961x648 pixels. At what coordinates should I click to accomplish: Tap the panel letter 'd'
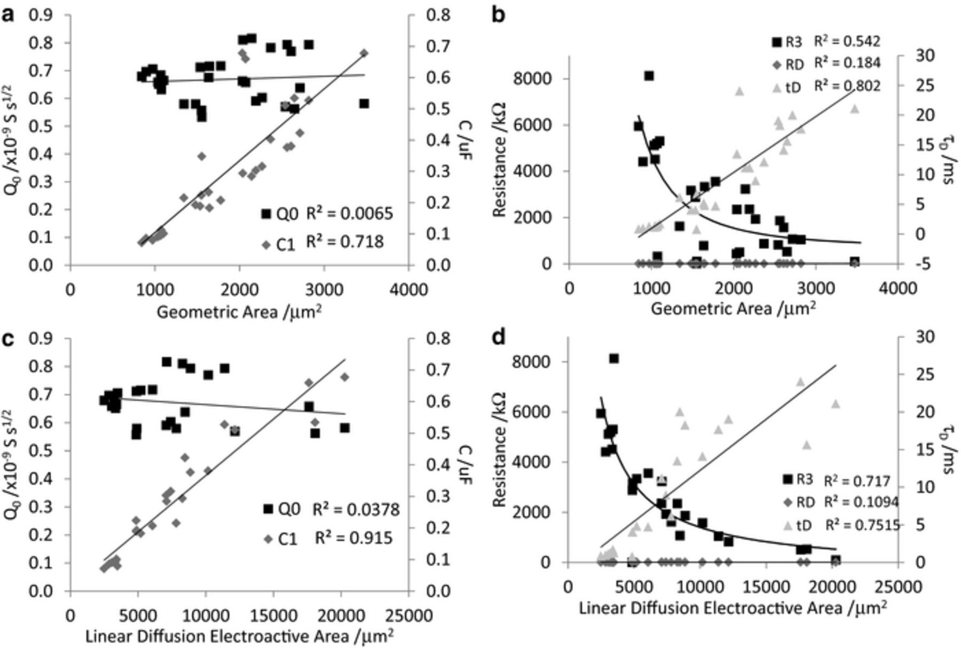pyautogui.click(x=499, y=338)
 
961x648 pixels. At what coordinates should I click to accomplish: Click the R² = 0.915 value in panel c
pyautogui.click(x=353, y=538)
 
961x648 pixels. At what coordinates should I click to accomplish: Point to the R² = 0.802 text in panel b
pyautogui.click(x=847, y=85)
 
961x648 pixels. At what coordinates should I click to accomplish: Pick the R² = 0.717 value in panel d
pyautogui.click(x=857, y=481)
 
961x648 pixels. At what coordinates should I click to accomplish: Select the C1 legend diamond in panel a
pyautogui.click(x=267, y=244)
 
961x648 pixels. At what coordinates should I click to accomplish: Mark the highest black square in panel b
pyautogui.click(x=649, y=76)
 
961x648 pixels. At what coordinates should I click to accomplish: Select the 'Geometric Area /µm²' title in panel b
pyautogui.click(x=733, y=309)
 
